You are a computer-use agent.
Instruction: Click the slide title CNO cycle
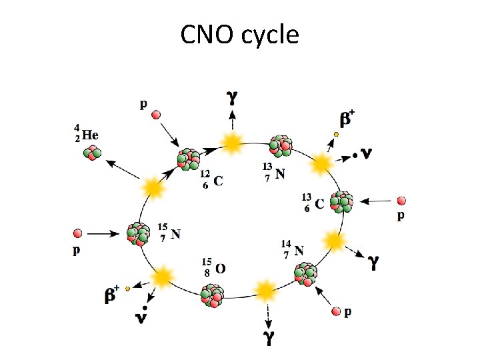239,34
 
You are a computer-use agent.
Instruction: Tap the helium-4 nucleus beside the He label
92,153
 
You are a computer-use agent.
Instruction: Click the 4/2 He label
87,133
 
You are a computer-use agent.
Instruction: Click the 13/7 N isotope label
274,172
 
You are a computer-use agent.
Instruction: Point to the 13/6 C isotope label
314,202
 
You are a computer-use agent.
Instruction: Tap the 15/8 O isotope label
213,267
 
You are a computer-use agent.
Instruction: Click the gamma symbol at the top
232,97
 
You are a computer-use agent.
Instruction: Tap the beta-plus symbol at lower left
112,294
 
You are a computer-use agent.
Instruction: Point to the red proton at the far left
77,233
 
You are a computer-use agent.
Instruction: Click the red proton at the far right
401,200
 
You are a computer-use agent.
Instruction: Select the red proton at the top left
156,115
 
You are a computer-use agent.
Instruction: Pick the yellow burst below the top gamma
232,141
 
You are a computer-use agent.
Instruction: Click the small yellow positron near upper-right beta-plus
337,134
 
